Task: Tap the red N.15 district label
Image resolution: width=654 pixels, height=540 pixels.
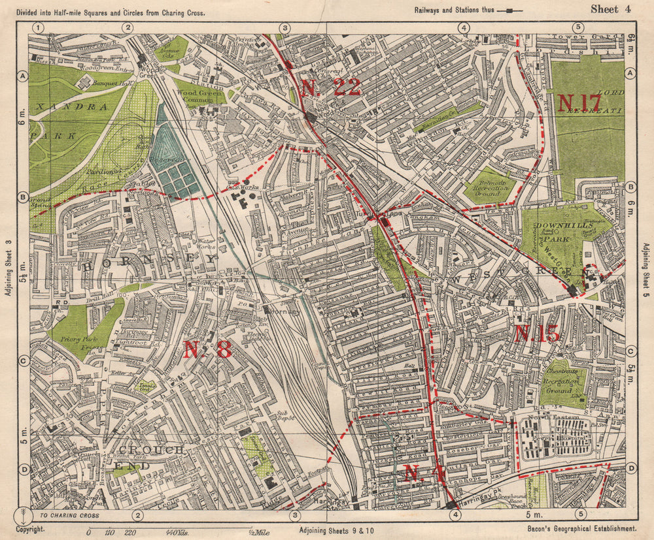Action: click(536, 334)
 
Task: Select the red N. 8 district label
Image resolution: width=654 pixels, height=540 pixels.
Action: click(207, 350)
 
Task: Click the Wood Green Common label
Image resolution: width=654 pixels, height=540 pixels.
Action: click(200, 96)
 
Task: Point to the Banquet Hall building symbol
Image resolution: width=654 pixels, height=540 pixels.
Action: click(85, 82)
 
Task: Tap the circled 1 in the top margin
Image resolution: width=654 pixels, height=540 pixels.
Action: click(39, 27)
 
